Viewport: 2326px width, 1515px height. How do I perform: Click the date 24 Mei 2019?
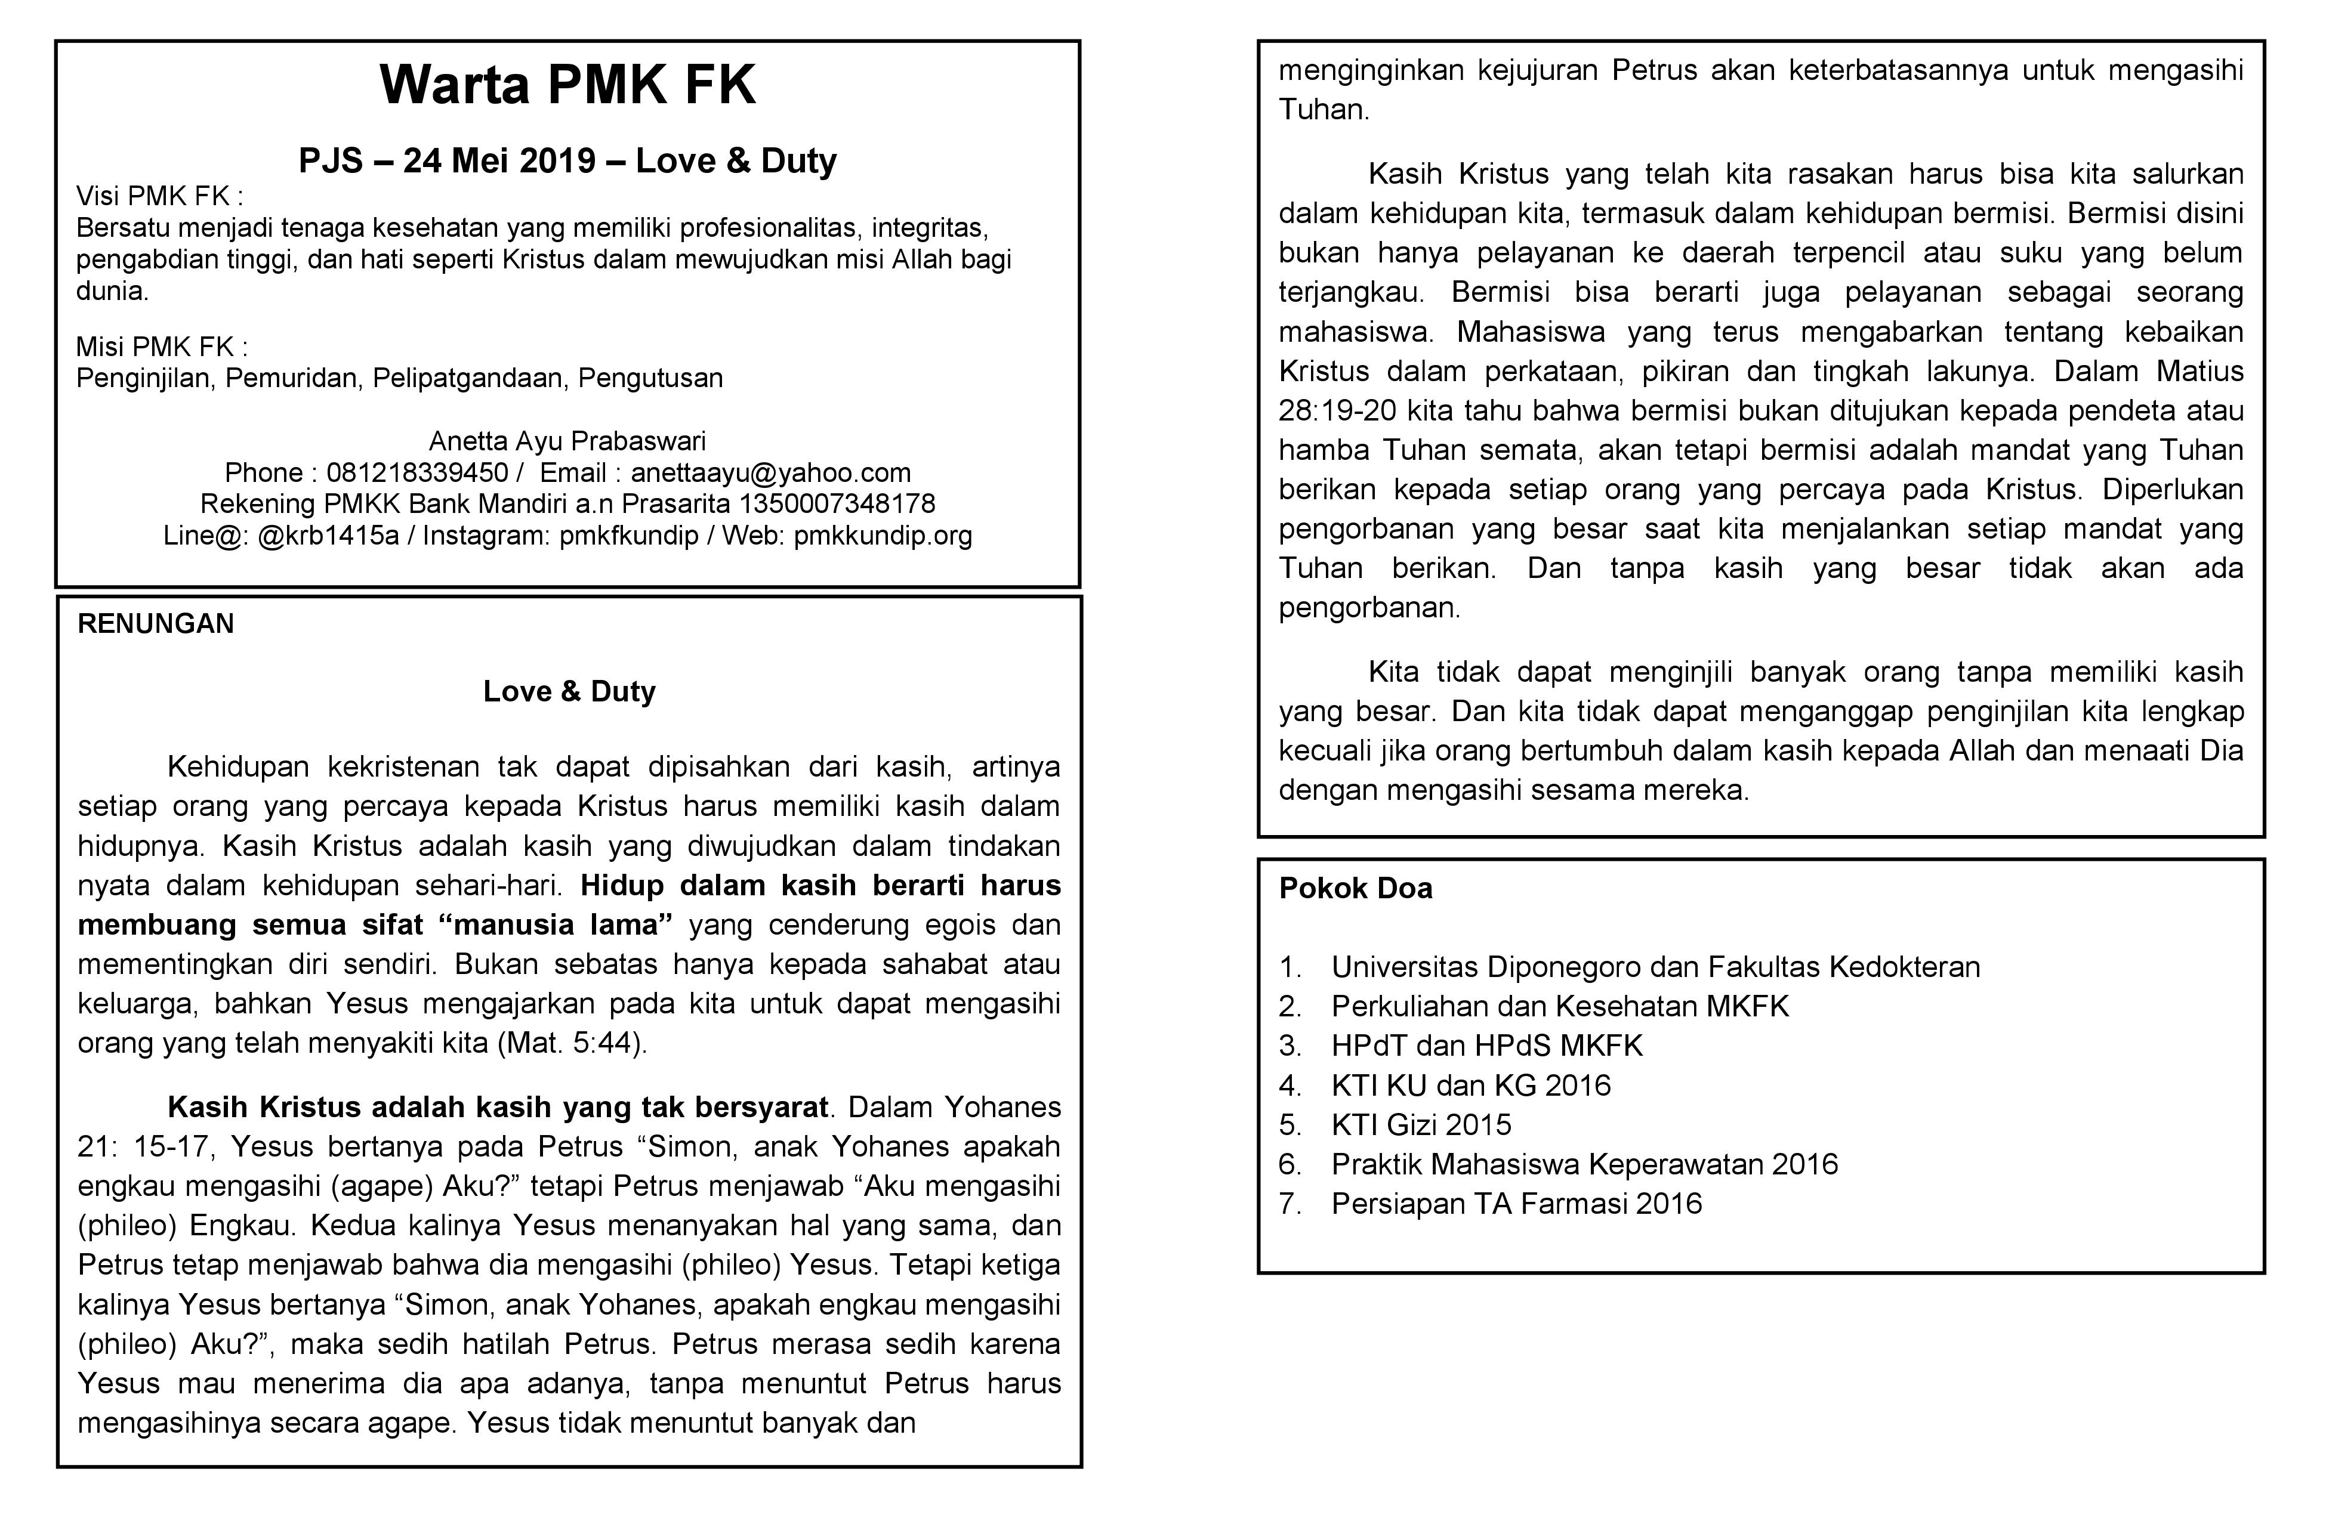coord(498,161)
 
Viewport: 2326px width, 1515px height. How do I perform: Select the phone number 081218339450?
coord(417,473)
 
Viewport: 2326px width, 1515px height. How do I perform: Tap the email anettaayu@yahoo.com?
coord(770,473)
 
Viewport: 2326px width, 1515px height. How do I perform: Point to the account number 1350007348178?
coord(838,504)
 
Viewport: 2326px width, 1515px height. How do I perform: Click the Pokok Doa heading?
coord(1356,889)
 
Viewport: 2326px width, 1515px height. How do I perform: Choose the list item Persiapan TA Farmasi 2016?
coord(1516,1204)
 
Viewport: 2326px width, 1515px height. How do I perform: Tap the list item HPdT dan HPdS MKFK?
coord(1486,1046)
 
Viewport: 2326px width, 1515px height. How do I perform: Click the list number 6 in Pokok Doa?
coord(1290,1164)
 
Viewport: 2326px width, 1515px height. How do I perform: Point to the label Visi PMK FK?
coord(159,196)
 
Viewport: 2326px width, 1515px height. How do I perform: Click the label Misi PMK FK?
coord(161,347)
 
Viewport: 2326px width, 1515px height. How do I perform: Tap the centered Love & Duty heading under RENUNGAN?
coord(569,691)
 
